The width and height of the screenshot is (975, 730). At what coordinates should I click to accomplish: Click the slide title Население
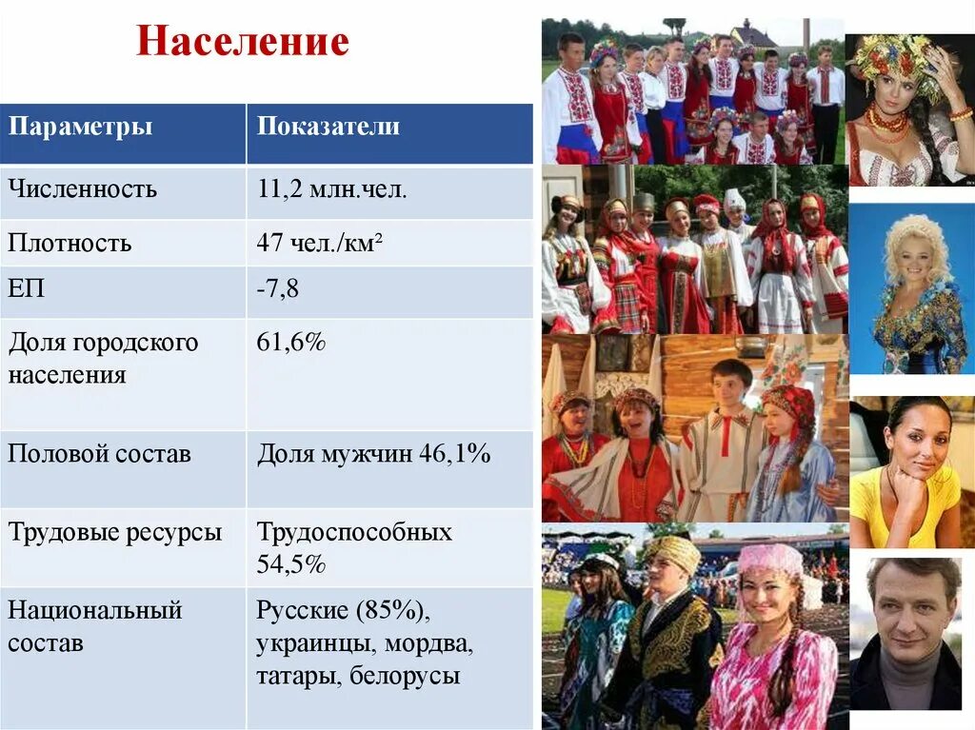[x=243, y=42]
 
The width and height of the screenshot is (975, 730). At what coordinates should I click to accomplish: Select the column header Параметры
[x=80, y=128]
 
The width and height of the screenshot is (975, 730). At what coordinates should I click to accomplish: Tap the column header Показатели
[x=328, y=128]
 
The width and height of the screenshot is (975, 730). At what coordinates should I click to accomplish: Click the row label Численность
[x=83, y=188]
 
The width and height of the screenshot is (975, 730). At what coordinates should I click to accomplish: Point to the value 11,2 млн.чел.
[x=331, y=188]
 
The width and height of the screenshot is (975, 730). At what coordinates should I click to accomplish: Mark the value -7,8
[x=277, y=288]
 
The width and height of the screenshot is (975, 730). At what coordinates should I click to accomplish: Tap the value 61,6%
[x=291, y=342]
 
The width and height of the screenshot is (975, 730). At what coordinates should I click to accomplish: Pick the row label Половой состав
[x=100, y=454]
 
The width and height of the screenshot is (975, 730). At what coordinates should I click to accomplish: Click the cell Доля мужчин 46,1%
[x=374, y=454]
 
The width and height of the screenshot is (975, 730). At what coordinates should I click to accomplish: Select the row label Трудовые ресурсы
[x=115, y=532]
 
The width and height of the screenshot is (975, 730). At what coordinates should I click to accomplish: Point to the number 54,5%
[x=291, y=564]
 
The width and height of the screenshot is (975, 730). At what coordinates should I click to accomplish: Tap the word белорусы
[x=405, y=677]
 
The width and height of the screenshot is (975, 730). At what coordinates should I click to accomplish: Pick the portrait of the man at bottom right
[x=910, y=633]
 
